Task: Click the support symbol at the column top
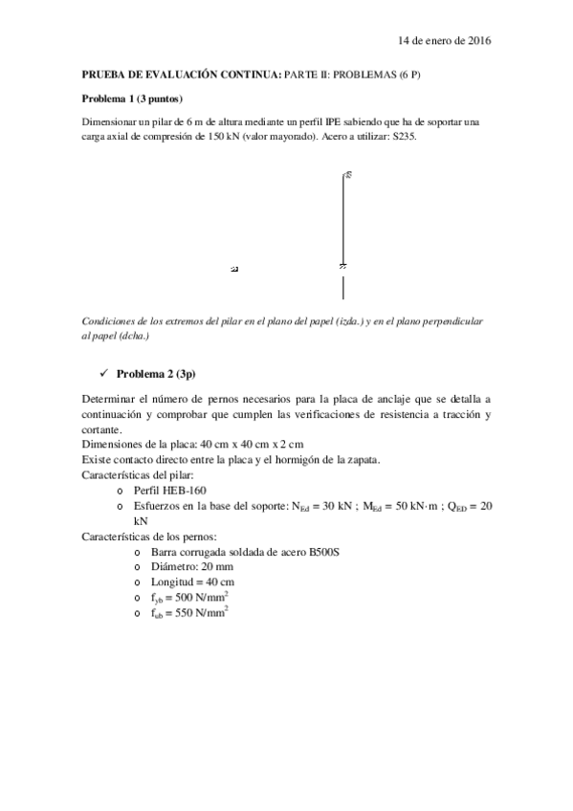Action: click(x=347, y=175)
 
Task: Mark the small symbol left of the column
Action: click(x=234, y=270)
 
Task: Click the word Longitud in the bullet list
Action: click(x=173, y=581)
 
